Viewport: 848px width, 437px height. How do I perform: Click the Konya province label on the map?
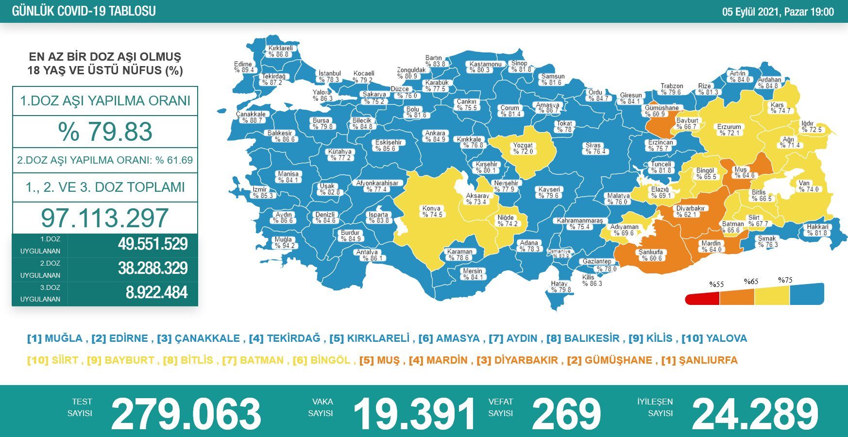432,211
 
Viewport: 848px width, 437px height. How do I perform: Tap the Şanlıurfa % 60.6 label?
650,255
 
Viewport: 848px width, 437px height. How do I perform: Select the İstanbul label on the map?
329,77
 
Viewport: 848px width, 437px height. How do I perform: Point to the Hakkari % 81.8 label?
817,230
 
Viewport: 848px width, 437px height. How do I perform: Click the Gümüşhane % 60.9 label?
661,111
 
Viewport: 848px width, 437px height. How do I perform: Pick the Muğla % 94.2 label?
284,242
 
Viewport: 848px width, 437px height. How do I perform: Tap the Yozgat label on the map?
523,148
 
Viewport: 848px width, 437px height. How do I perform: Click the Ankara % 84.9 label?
435,136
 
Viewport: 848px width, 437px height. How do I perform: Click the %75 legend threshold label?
785,280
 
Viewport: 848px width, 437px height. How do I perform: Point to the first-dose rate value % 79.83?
105,132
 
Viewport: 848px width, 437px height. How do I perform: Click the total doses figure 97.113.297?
105,218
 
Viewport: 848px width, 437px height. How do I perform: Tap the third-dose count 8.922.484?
156,293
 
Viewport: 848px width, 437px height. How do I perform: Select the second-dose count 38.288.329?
153,269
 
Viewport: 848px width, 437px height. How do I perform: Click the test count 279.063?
186,414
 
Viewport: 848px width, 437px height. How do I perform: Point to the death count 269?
567,414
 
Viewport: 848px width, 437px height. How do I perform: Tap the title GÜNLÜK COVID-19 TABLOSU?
84,11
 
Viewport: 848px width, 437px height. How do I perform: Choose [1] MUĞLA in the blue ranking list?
55,338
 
